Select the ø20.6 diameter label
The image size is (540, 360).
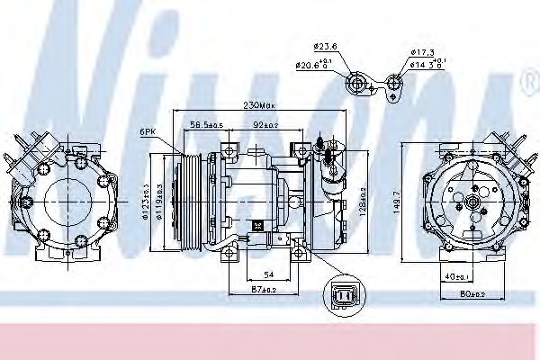(315, 64)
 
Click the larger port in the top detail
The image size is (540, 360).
(359, 85)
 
